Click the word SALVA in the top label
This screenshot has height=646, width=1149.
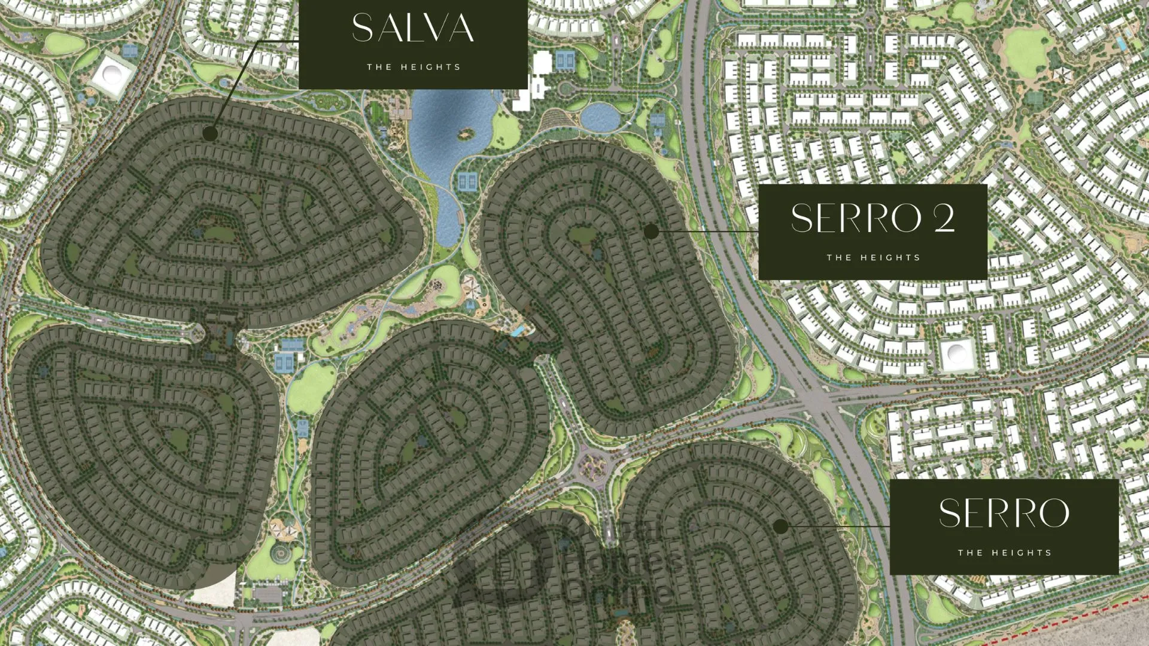(x=412, y=28)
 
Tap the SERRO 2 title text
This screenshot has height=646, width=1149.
(x=872, y=218)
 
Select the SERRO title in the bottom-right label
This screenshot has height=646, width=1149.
(x=1004, y=513)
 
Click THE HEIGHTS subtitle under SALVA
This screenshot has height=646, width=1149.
(x=414, y=67)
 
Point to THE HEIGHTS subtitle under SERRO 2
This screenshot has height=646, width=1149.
(x=873, y=258)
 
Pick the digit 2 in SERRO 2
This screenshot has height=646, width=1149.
(x=944, y=218)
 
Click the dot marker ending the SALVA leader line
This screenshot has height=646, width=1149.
(x=209, y=133)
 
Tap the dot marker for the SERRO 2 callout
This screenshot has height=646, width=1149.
(x=651, y=231)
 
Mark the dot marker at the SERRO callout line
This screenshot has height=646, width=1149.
(x=780, y=526)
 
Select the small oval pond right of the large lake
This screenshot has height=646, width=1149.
(x=600, y=117)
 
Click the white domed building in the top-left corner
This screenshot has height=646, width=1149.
(x=111, y=74)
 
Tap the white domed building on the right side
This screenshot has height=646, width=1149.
(x=956, y=354)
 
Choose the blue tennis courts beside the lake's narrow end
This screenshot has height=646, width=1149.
(x=467, y=181)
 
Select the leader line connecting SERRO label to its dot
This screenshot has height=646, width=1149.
(x=838, y=526)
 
